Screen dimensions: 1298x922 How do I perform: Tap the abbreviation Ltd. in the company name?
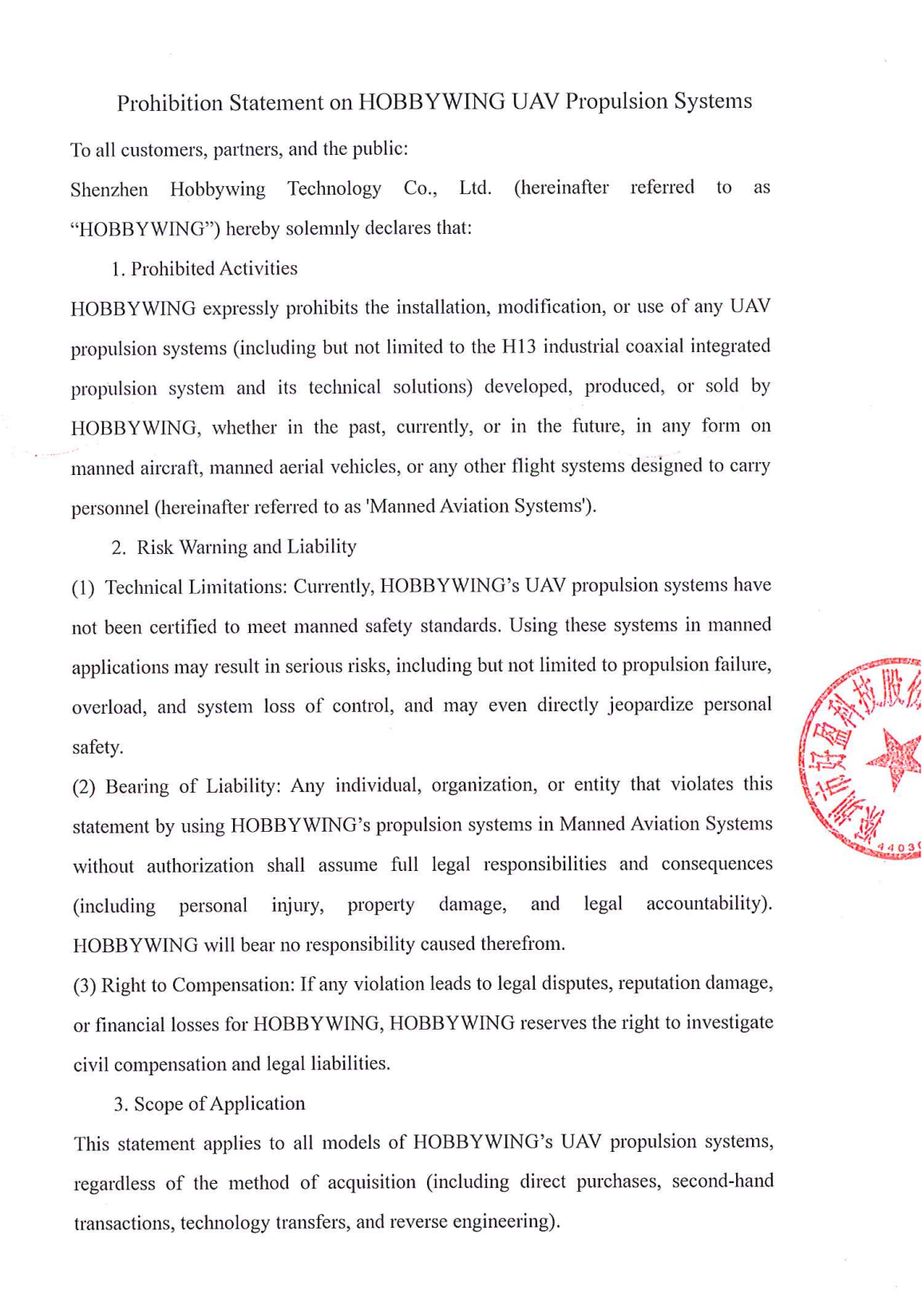pos(475,188)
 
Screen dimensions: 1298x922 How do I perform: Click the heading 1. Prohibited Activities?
pos(204,268)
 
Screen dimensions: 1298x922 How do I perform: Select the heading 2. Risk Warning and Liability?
pos(234,547)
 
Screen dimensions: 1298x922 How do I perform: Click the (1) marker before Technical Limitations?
pos(83,588)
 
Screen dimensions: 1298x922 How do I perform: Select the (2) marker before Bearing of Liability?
pos(84,787)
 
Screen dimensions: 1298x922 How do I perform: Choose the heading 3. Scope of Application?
pos(209,1103)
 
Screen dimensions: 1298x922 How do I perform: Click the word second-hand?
pos(722,1181)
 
